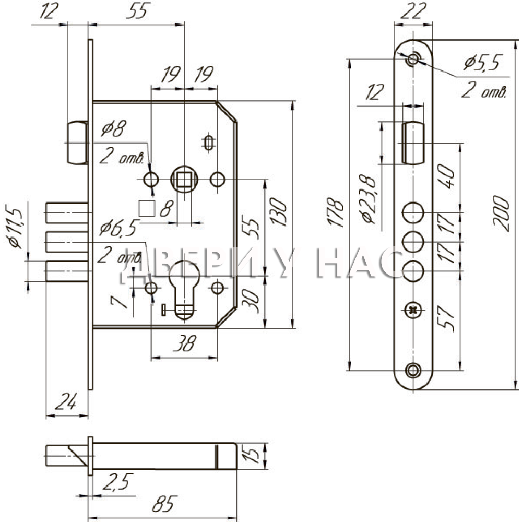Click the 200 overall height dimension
pos(502,213)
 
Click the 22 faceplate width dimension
pos(413,11)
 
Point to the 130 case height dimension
pos(278,212)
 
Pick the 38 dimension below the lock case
pos(185,343)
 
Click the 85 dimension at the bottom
pos(164,504)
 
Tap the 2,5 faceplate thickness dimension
pos(118,482)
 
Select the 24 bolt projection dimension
pos(66,401)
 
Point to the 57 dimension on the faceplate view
pos(446,318)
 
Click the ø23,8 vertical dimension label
pos(367,199)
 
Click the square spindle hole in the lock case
pos(184,180)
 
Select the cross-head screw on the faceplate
pos(413,311)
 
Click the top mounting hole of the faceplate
pos(413,60)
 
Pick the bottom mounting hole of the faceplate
pos(413,370)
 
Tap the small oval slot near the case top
pos(208,143)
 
